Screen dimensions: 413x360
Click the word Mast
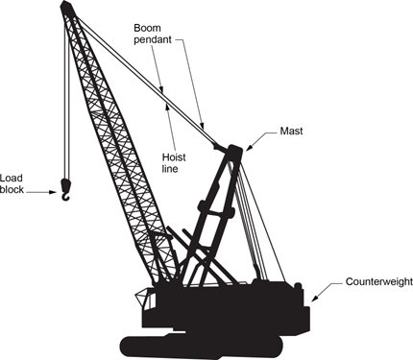(291, 131)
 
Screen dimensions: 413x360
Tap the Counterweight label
(379, 281)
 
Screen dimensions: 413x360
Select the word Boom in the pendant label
(147, 28)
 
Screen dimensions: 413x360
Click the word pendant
(153, 40)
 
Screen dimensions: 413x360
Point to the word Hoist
(174, 157)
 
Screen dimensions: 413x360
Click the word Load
(12, 178)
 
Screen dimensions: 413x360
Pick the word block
(12, 189)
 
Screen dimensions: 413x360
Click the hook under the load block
(65, 195)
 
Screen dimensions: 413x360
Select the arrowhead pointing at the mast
(249, 148)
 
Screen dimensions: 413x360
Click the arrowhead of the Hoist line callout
(167, 107)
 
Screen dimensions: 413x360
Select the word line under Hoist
(170, 168)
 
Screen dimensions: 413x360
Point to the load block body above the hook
(66, 184)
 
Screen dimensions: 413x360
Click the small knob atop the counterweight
(298, 285)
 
